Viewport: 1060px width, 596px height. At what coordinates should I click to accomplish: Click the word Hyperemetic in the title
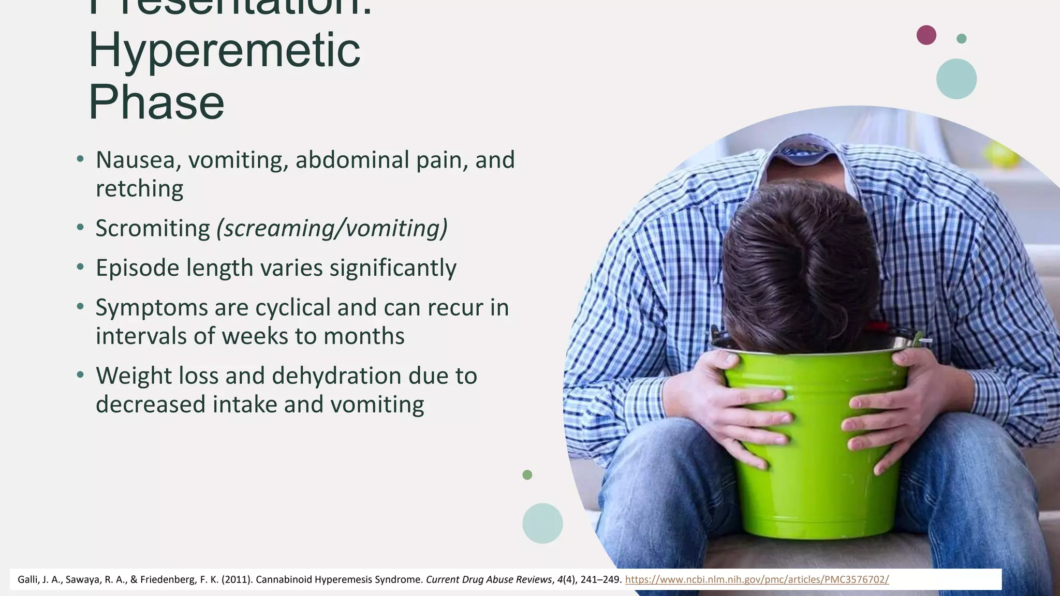click(224, 51)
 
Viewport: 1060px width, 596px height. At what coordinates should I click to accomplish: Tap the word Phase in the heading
click(156, 102)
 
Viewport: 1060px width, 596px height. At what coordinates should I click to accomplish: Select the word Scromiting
click(153, 228)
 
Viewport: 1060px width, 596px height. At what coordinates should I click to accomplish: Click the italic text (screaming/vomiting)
click(332, 228)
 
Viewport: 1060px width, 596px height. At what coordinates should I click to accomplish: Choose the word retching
click(139, 188)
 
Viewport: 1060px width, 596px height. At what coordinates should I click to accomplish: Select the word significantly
click(393, 268)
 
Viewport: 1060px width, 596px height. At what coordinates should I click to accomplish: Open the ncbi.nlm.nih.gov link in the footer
click(757, 579)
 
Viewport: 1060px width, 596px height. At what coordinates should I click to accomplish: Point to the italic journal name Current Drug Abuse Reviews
click(488, 579)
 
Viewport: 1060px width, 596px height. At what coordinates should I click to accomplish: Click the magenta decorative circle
click(926, 35)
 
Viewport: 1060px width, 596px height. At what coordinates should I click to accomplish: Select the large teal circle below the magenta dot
click(956, 79)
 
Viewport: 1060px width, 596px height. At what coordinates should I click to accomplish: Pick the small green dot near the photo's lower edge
click(527, 474)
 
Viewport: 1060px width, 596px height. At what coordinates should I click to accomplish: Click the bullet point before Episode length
click(80, 267)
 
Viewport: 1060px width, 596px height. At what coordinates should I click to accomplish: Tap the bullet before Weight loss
click(80, 375)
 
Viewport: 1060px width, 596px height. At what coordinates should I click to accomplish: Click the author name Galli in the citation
click(27, 579)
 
